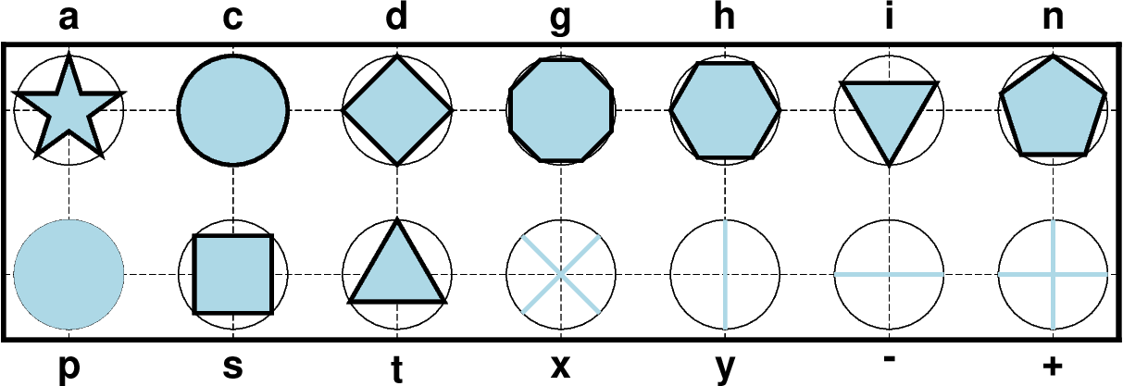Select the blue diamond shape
click(397, 110)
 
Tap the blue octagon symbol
click(561, 110)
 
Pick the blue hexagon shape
click(725, 110)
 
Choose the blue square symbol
click(233, 274)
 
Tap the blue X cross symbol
click(561, 274)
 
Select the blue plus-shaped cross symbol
click(1053, 274)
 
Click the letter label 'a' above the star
click(69, 19)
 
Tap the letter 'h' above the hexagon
click(725, 16)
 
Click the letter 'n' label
click(1053, 19)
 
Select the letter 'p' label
click(69, 369)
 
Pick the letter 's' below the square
click(233, 367)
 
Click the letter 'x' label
click(560, 367)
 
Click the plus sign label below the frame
click(1053, 366)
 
